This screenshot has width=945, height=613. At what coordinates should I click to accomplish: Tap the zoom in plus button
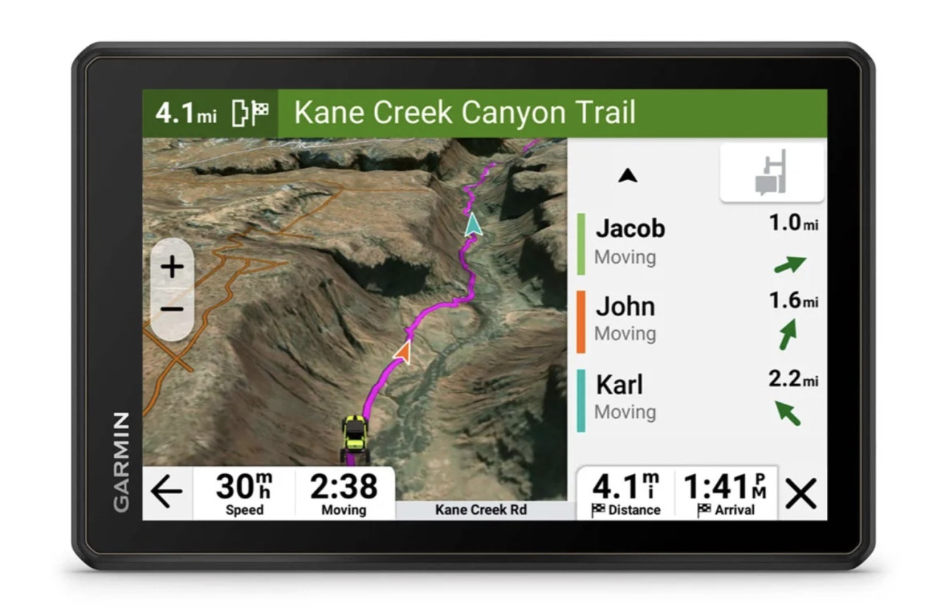point(172,267)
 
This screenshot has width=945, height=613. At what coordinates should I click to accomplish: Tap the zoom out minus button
point(172,309)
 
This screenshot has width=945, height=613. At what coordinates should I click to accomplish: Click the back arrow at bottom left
point(166,493)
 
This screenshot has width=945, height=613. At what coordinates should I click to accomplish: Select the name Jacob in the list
point(630,229)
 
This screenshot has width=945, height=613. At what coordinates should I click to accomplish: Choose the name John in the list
point(625,306)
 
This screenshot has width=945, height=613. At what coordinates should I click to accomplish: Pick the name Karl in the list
point(619,385)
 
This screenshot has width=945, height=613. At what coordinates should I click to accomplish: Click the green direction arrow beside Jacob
point(789,264)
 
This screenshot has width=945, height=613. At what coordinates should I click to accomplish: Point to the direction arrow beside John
point(788,334)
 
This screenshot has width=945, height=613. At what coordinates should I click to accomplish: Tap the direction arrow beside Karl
point(788,412)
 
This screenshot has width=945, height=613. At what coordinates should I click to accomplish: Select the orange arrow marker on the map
point(403,352)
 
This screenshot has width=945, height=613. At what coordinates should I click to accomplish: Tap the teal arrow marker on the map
point(472,224)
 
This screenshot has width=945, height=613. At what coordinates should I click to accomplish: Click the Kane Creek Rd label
point(481,510)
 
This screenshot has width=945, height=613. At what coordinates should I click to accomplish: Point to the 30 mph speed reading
point(244,487)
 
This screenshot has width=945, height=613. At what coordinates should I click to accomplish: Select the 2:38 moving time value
point(343,487)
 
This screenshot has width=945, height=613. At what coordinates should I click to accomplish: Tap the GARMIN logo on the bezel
point(121,462)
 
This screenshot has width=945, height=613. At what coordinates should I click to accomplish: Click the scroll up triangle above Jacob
point(628,176)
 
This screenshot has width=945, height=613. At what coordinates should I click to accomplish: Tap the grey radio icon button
point(772,173)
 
